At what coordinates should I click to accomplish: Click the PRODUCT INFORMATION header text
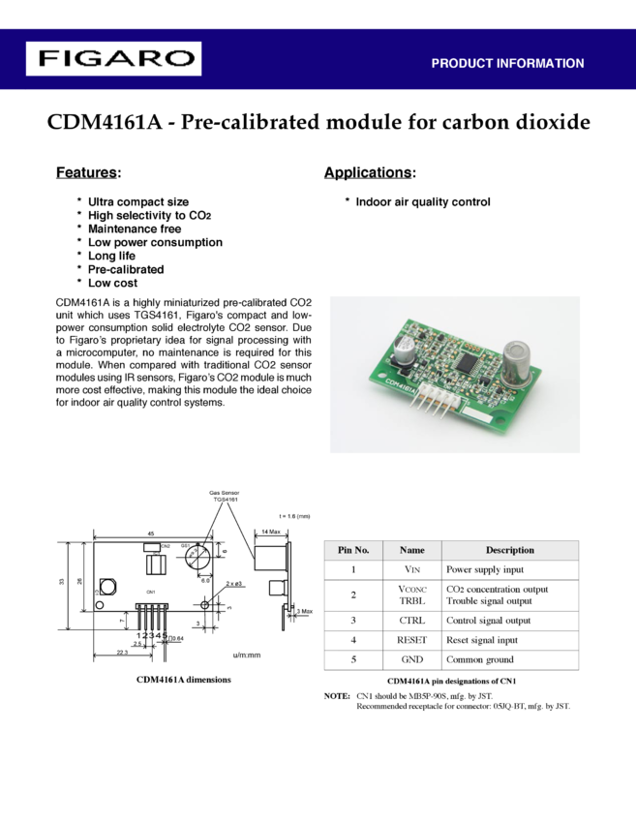[x=507, y=64]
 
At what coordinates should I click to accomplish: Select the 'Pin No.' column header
[x=353, y=550]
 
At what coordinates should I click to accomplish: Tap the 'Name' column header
[x=412, y=550]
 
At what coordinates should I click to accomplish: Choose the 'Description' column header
[x=510, y=550]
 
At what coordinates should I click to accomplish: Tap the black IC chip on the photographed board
[x=468, y=369]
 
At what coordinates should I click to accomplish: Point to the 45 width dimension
[x=150, y=533]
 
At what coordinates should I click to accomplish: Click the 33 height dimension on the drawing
[x=61, y=582]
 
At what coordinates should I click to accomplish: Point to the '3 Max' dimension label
[x=303, y=611]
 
